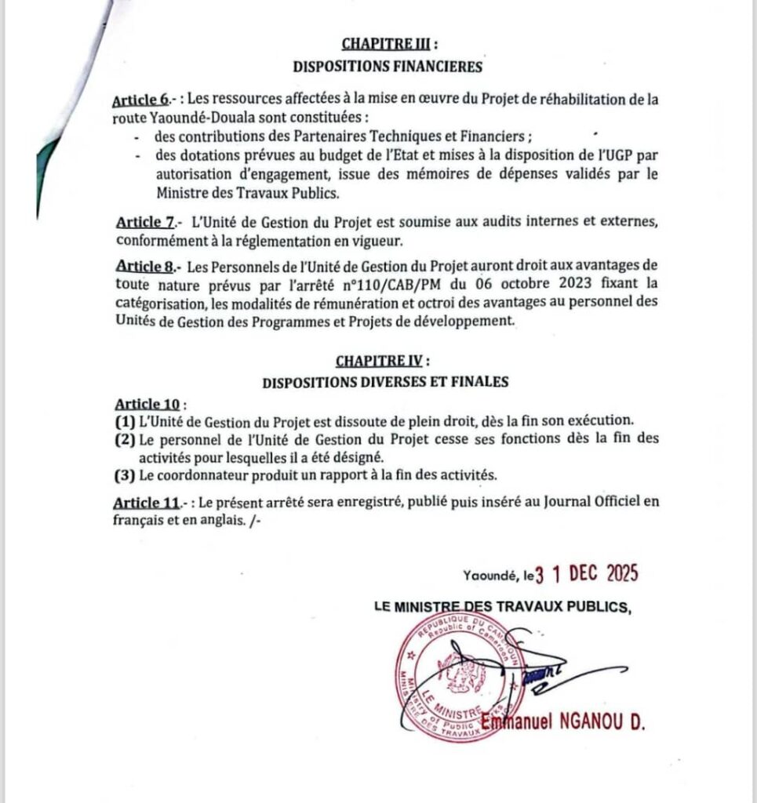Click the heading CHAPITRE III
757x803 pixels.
(x=383, y=45)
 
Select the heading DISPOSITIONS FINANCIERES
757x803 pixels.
(x=388, y=67)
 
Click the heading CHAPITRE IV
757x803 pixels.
(x=380, y=361)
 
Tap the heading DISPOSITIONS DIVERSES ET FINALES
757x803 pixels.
(x=386, y=383)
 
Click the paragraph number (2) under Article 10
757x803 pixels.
(x=125, y=439)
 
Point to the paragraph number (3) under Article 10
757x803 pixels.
(x=125, y=474)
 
